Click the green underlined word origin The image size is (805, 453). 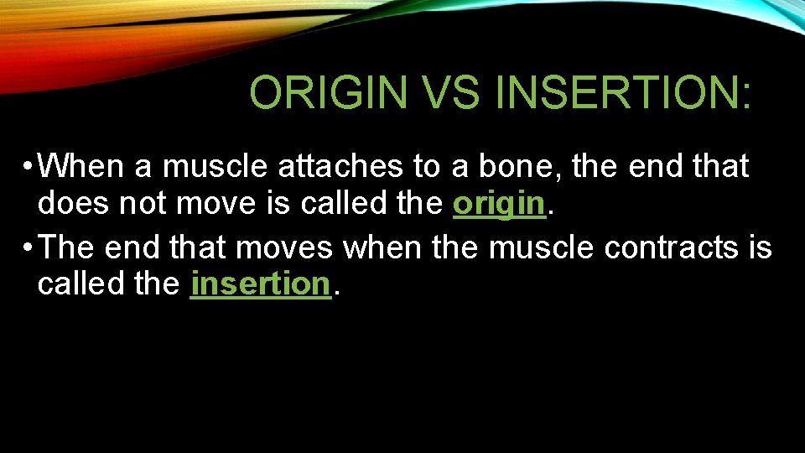pyautogui.click(x=499, y=204)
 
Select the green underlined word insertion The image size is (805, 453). pyautogui.click(x=261, y=284)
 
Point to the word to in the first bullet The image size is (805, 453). pyautogui.click(x=426, y=167)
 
